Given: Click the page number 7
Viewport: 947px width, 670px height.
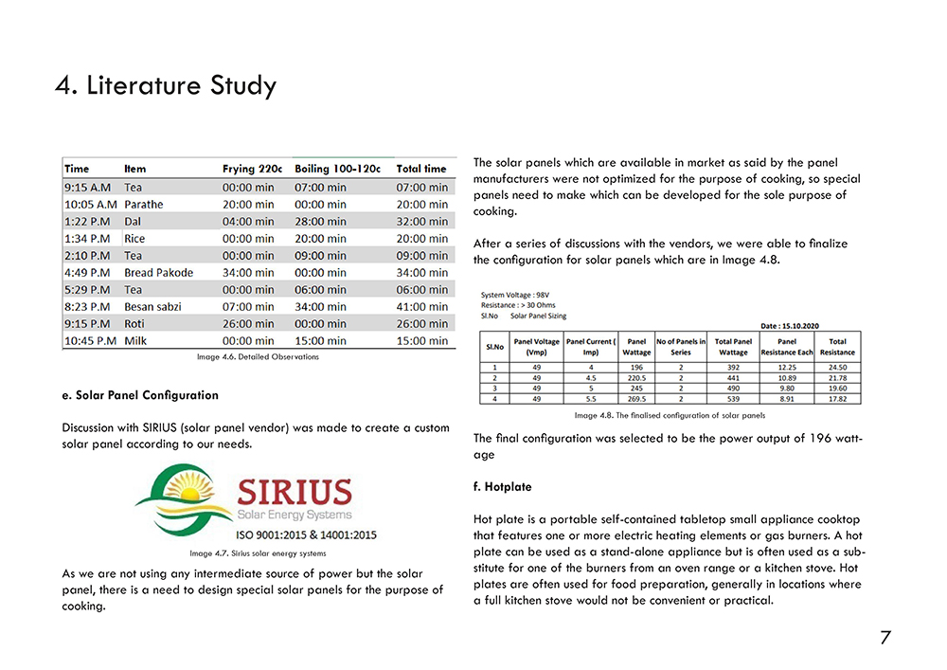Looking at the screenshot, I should pyautogui.click(x=884, y=638).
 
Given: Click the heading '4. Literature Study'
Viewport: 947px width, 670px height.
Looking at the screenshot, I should pyautogui.click(x=166, y=86).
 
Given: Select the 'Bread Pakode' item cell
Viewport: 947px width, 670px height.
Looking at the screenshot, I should pyautogui.click(x=158, y=273).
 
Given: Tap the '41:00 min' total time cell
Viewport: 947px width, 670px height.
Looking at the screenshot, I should pyautogui.click(x=421, y=307).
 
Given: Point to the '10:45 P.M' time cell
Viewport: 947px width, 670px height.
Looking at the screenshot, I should pyautogui.click(x=90, y=341).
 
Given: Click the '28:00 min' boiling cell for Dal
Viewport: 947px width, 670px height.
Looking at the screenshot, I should pyautogui.click(x=320, y=222).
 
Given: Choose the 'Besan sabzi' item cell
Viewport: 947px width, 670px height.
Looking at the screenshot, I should pyautogui.click(x=153, y=307).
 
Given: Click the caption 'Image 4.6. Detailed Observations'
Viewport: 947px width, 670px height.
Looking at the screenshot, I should pyautogui.click(x=258, y=357).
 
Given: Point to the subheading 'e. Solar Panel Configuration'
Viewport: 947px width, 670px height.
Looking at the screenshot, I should pyautogui.click(x=140, y=395).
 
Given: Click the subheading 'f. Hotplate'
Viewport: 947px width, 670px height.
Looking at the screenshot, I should pyautogui.click(x=502, y=487).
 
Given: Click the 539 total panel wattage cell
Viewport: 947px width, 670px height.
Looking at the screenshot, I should pyautogui.click(x=732, y=399).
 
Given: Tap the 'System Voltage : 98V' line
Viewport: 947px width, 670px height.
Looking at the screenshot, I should pyautogui.click(x=514, y=295).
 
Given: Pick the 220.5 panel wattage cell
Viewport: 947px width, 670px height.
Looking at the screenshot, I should pyautogui.click(x=635, y=376).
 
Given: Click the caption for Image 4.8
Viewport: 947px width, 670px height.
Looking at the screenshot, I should pyautogui.click(x=670, y=416).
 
